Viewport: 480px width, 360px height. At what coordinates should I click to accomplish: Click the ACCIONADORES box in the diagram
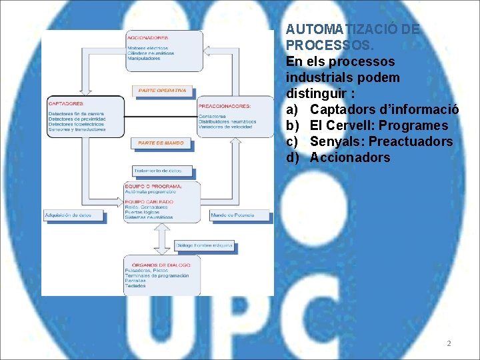tap(164, 50)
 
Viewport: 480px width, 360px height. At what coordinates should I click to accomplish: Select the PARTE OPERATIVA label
tap(163, 91)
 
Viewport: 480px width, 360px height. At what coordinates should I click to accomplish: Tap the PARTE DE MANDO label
tap(161, 143)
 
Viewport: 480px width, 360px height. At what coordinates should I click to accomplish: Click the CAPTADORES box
tap(85, 117)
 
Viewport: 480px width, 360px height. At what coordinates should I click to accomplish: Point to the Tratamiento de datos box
tap(153, 170)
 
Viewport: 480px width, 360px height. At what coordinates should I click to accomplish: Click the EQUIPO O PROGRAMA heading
tap(153, 186)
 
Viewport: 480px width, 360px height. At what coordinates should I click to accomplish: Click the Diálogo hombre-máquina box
tap(204, 245)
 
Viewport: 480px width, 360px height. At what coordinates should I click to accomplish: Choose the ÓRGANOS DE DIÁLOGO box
tap(161, 275)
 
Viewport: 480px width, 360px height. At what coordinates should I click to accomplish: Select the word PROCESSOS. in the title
tap(330, 45)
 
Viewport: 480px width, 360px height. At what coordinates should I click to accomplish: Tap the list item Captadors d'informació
tap(384, 110)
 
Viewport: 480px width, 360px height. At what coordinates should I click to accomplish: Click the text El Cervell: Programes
tap(379, 126)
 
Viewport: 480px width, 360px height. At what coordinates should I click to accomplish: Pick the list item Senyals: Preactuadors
tap(381, 142)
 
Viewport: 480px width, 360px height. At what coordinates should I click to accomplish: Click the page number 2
tap(449, 343)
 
